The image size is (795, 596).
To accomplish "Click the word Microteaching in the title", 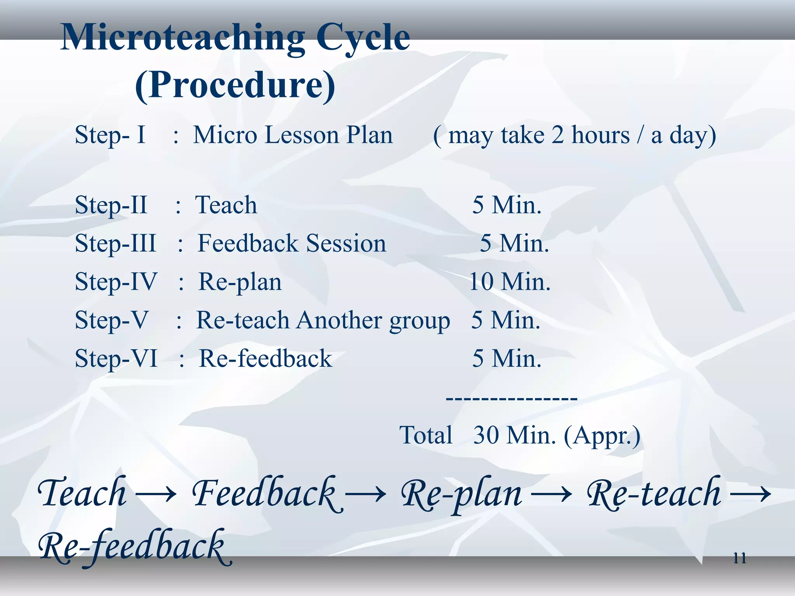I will tap(182, 38).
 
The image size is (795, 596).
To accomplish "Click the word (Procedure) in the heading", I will tap(235, 85).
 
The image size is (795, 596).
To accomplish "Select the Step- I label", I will tap(110, 135).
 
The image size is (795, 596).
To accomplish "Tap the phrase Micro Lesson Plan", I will tap(293, 135).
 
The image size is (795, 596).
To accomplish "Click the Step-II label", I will tap(111, 205).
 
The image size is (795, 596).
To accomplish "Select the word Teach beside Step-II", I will tap(226, 205).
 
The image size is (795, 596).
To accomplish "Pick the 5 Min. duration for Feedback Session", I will tap(514, 244).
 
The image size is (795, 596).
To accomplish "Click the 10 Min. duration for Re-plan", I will tap(510, 282).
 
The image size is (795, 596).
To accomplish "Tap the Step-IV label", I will tap(116, 282).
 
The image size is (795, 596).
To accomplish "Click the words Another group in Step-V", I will tap(373, 321).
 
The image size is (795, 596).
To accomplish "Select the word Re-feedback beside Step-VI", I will tap(266, 359).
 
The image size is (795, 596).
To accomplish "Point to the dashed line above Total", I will tap(512, 398).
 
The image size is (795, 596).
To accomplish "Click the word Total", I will tap(426, 435).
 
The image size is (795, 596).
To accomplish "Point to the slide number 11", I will tap(739, 558).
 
